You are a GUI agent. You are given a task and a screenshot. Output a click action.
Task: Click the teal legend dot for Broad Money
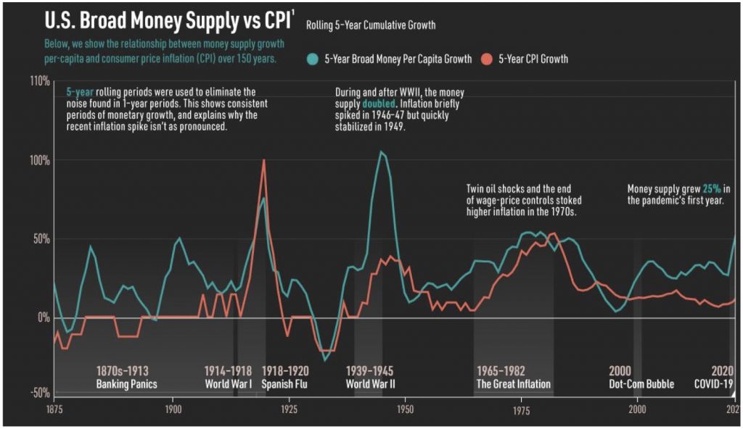click(x=313, y=59)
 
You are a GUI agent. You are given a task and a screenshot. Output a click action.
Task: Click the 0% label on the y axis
click(x=42, y=318)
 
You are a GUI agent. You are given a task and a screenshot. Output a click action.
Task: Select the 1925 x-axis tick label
click(x=288, y=409)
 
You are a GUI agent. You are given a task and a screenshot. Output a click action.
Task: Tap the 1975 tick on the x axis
click(x=521, y=409)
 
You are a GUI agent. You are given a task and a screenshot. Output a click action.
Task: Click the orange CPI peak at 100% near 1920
click(x=264, y=160)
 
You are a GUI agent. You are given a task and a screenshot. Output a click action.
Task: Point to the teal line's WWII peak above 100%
click(x=380, y=151)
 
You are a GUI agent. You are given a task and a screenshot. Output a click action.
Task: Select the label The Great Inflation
click(x=513, y=384)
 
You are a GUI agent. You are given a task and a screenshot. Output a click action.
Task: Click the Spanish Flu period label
click(x=284, y=384)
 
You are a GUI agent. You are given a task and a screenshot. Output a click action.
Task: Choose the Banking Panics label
click(x=126, y=384)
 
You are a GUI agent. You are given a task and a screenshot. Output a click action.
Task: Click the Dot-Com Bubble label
click(x=641, y=384)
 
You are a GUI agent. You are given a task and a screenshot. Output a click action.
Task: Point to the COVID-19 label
click(x=715, y=384)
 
